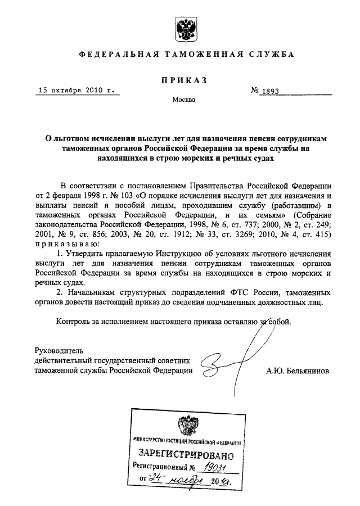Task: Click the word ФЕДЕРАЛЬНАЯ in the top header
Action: point(115,55)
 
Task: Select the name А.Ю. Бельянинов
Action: point(298,372)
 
